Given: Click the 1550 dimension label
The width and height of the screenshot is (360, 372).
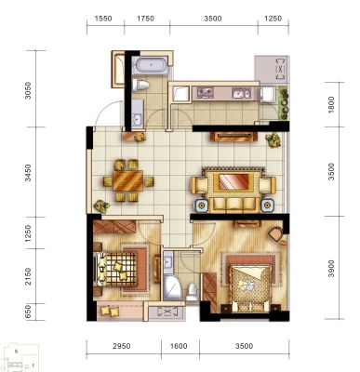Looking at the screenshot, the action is [x=103, y=19].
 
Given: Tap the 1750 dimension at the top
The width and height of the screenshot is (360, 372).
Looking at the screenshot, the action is [x=145, y=19].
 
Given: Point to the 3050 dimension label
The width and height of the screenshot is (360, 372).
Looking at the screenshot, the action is [x=28, y=90].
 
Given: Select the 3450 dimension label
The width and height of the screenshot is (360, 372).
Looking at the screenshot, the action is [x=28, y=173].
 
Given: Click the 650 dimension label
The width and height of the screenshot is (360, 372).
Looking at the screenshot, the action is [x=28, y=312].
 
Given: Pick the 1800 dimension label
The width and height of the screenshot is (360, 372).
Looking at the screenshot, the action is [x=331, y=105].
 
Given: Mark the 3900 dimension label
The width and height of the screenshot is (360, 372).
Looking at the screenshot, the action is [x=331, y=269].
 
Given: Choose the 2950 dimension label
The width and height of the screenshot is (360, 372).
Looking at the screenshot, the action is [x=121, y=346].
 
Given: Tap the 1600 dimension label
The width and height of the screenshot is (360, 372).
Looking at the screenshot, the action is [x=179, y=346].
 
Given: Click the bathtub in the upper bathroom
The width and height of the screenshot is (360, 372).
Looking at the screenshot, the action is [x=151, y=65].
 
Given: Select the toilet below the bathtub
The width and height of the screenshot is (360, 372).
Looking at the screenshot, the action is [x=140, y=85].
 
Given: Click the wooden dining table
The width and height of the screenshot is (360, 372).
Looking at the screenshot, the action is [x=127, y=180].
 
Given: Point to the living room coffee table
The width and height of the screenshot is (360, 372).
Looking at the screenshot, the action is [x=233, y=181].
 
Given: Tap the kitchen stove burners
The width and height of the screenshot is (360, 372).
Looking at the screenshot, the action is [x=205, y=92].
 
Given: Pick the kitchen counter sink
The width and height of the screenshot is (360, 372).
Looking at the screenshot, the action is [x=241, y=93].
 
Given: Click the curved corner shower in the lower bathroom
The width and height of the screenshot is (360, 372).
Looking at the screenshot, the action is [x=172, y=287].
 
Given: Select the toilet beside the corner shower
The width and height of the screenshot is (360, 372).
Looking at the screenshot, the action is [x=193, y=291].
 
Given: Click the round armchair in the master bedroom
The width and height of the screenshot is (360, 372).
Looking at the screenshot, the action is [x=275, y=233].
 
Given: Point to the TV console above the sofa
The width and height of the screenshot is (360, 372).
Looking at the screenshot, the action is [x=233, y=137].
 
